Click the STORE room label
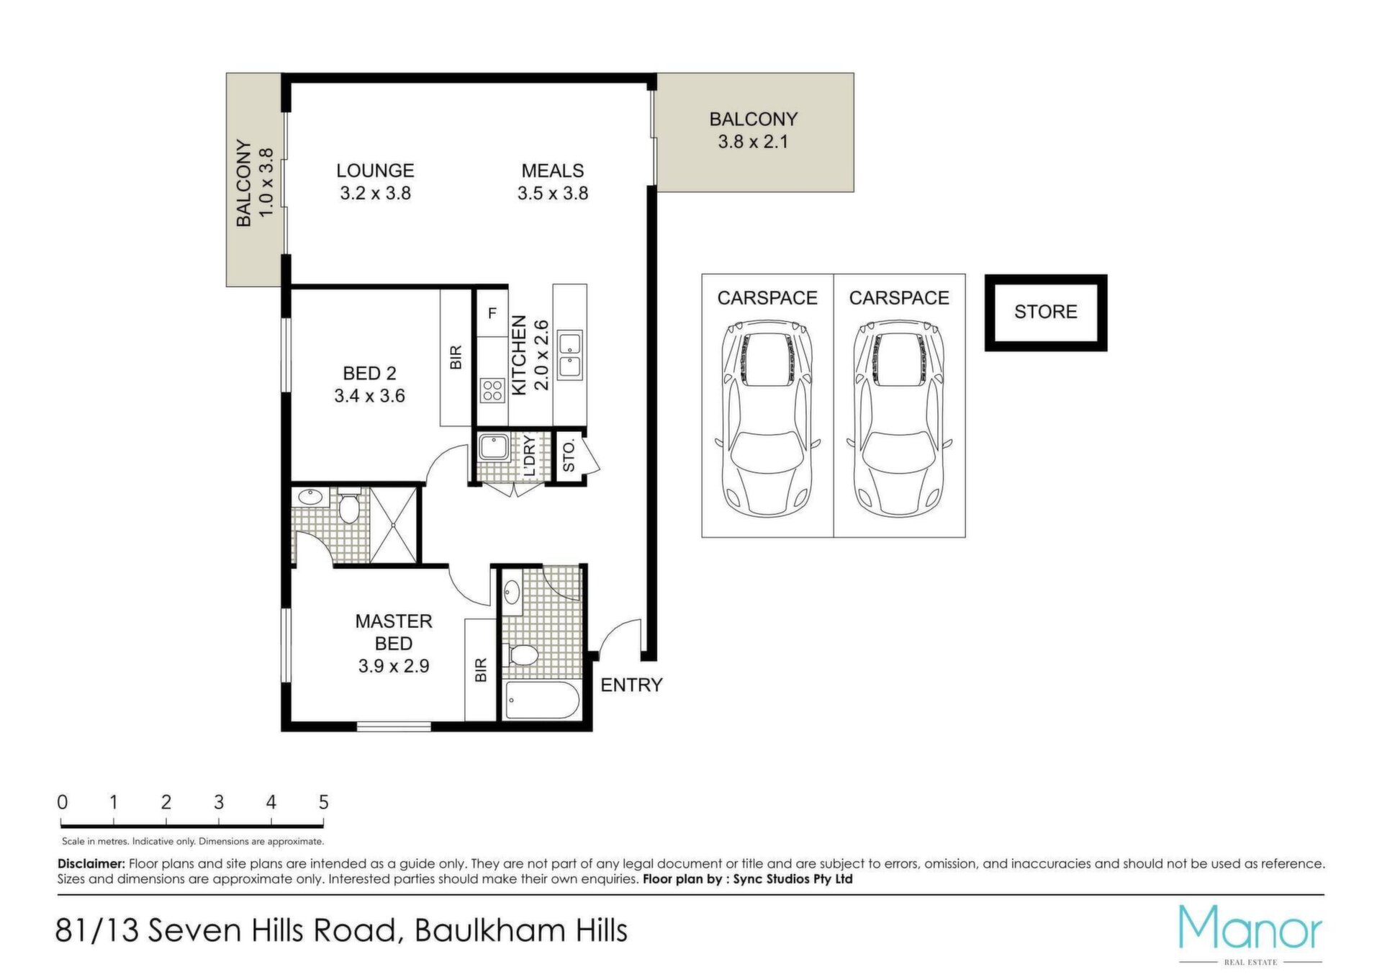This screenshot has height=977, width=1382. click(1045, 312)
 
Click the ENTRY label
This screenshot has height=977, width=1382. click(631, 685)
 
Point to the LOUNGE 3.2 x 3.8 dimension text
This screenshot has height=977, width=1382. click(375, 193)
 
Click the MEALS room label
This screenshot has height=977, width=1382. click(553, 171)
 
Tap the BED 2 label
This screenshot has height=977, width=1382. click(369, 373)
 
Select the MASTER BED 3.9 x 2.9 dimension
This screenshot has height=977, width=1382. click(394, 666)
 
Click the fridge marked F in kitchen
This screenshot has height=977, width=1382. click(492, 313)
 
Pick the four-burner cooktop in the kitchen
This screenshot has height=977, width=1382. click(492, 391)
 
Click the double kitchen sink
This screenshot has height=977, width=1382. click(570, 354)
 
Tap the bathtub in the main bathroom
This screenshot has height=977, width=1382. click(542, 700)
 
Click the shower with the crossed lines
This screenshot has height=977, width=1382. click(393, 525)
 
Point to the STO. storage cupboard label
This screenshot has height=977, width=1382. click(569, 456)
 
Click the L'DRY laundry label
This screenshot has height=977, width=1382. click(529, 456)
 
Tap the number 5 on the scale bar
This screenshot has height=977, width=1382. click(324, 802)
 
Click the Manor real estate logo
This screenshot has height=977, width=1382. click(1250, 935)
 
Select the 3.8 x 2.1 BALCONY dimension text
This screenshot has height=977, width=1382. click(753, 142)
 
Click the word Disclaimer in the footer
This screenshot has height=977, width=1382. click(91, 863)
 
